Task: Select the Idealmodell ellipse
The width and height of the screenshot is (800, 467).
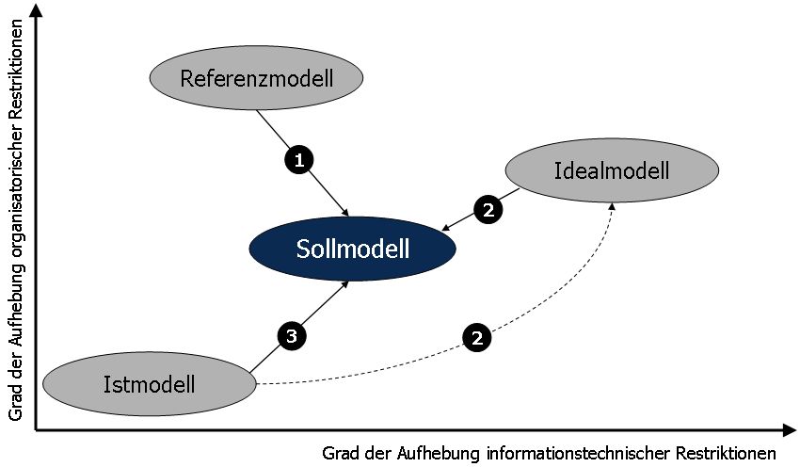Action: pos(612,170)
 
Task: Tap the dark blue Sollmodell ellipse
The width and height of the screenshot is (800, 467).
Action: pos(353,250)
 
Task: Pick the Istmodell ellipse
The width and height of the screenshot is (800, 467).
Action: pos(150,383)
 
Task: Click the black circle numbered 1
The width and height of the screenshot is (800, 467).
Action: pos(298,160)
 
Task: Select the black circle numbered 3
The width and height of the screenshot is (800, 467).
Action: pos(292,334)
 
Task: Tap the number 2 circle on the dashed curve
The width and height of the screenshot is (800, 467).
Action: pos(477,338)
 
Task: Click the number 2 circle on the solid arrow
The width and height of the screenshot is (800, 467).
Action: pos(487,210)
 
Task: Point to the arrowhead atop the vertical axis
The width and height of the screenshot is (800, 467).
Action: pos(35,10)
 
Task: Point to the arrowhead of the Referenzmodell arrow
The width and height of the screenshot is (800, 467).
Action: pos(346,211)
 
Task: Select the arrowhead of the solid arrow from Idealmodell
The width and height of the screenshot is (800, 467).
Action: pos(446,229)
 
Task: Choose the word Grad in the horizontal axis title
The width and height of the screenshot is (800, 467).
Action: pos(340,452)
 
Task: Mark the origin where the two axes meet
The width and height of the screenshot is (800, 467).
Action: pos(36,430)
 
